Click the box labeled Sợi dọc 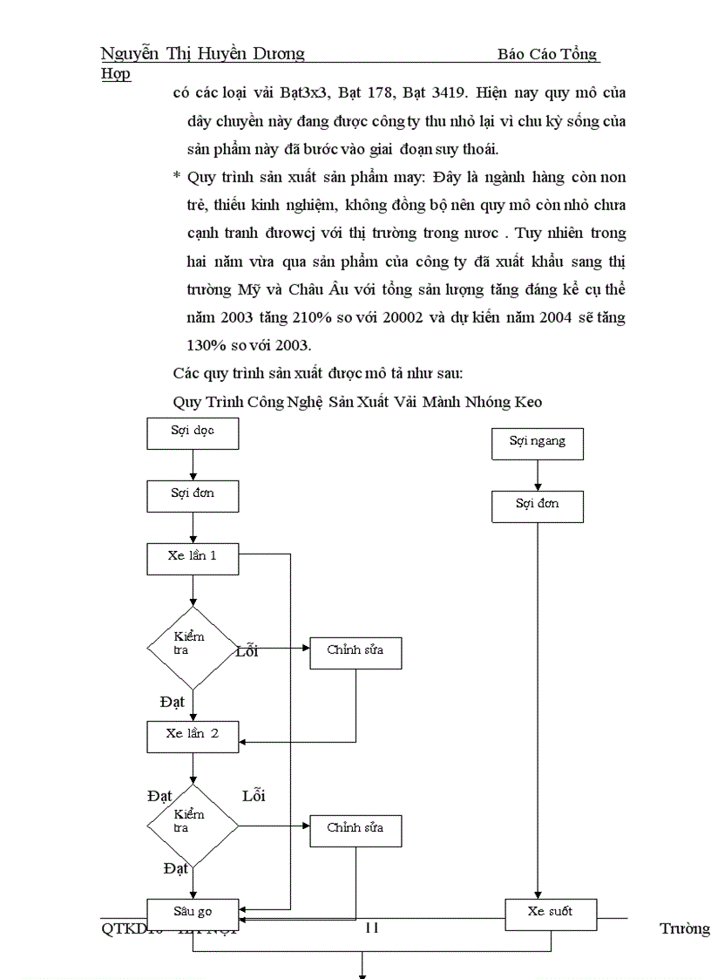pos(193,433)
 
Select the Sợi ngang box pos(538,443)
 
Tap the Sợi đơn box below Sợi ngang pos(538,506)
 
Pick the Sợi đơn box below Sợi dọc pos(193,495)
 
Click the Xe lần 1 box pos(193,558)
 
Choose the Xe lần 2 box pos(193,736)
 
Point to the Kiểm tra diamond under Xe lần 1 pos(193,648)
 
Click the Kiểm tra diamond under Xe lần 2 pos(193,825)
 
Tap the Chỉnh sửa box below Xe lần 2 pos(355,830)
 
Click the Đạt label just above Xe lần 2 pos(173,702)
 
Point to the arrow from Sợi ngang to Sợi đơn pos(538,475)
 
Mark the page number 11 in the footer pos(371,928)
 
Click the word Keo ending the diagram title pos(526,402)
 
